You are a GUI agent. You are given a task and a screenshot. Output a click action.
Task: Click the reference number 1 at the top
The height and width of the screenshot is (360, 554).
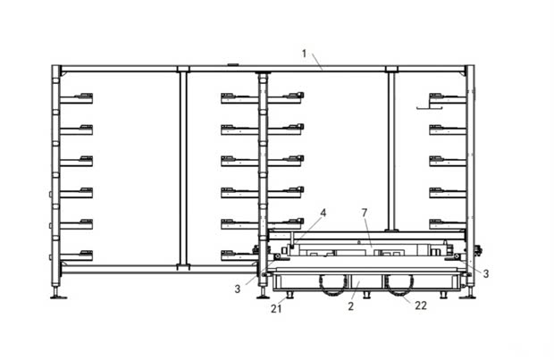tap(304, 54)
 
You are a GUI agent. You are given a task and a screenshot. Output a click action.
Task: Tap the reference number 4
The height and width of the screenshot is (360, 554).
tap(323, 213)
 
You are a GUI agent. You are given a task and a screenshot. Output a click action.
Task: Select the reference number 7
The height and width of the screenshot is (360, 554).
tap(365, 213)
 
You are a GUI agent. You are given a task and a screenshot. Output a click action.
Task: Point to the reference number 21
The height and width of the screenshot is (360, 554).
tap(276, 309)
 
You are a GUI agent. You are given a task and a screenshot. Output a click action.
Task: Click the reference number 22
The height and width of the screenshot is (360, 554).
tap(421, 306)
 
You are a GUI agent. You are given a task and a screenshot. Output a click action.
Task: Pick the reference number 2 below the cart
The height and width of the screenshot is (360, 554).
tap(350, 306)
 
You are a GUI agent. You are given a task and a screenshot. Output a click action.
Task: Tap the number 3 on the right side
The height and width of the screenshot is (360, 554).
tap(486, 273)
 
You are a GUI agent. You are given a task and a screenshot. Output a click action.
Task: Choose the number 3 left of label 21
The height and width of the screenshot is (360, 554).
tap(238, 289)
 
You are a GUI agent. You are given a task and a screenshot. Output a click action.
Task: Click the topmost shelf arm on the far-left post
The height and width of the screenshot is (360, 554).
tap(76, 98)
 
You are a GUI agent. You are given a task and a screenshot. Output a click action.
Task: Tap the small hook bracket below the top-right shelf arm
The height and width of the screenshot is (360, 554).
tap(429, 108)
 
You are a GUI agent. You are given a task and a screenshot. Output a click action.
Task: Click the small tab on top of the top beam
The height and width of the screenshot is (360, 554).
tap(232, 64)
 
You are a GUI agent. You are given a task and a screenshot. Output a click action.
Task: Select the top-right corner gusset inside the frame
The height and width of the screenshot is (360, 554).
tap(463, 73)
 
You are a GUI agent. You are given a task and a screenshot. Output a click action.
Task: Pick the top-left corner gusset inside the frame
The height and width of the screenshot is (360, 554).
tap(63, 73)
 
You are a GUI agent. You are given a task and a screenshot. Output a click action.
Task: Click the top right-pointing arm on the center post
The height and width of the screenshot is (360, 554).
tap(285, 98)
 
